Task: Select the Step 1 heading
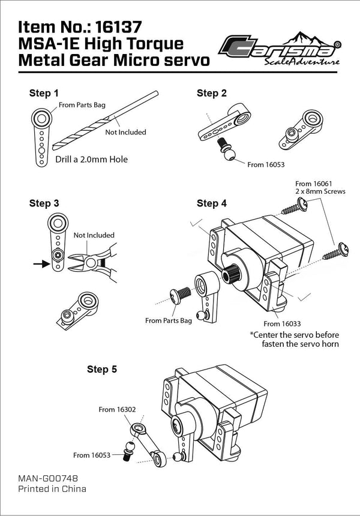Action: (44, 93)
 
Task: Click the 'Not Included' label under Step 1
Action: (125, 132)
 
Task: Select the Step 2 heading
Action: (212, 93)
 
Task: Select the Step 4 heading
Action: (212, 203)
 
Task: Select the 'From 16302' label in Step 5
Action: (117, 409)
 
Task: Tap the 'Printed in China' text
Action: (52, 488)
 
